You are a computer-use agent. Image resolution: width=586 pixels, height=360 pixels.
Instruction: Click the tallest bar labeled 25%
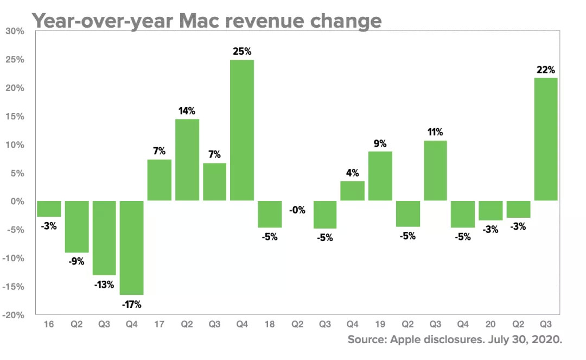click(x=242, y=130)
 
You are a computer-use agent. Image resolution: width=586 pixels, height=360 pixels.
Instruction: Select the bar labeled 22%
click(x=546, y=140)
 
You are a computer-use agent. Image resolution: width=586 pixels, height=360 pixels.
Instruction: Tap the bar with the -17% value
click(x=131, y=248)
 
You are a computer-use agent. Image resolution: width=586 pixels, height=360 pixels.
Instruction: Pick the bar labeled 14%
click(x=187, y=160)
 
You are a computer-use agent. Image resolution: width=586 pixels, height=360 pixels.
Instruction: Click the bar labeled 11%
click(x=435, y=170)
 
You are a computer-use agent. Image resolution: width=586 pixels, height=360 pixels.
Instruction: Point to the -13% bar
click(x=104, y=238)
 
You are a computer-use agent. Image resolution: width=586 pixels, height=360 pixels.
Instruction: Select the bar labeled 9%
click(x=380, y=176)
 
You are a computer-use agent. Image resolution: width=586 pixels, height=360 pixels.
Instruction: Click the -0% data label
click(x=297, y=210)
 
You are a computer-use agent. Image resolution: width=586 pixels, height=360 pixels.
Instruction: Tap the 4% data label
click(x=352, y=174)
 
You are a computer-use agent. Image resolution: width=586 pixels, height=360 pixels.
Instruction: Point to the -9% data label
click(x=77, y=261)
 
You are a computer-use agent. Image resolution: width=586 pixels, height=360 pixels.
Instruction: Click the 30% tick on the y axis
click(x=15, y=31)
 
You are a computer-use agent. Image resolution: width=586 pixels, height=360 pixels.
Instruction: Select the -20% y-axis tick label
click(x=14, y=315)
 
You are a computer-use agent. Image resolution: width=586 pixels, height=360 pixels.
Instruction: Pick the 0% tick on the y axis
click(x=17, y=201)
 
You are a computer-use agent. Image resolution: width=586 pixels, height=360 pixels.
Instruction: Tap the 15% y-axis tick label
click(x=15, y=117)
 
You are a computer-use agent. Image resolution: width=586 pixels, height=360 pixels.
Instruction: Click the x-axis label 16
click(x=49, y=325)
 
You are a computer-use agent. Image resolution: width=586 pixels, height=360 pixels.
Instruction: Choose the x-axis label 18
click(x=270, y=325)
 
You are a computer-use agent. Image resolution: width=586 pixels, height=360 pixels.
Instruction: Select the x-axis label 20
click(x=491, y=325)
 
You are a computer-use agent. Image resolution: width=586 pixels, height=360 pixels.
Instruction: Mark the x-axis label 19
click(x=380, y=325)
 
